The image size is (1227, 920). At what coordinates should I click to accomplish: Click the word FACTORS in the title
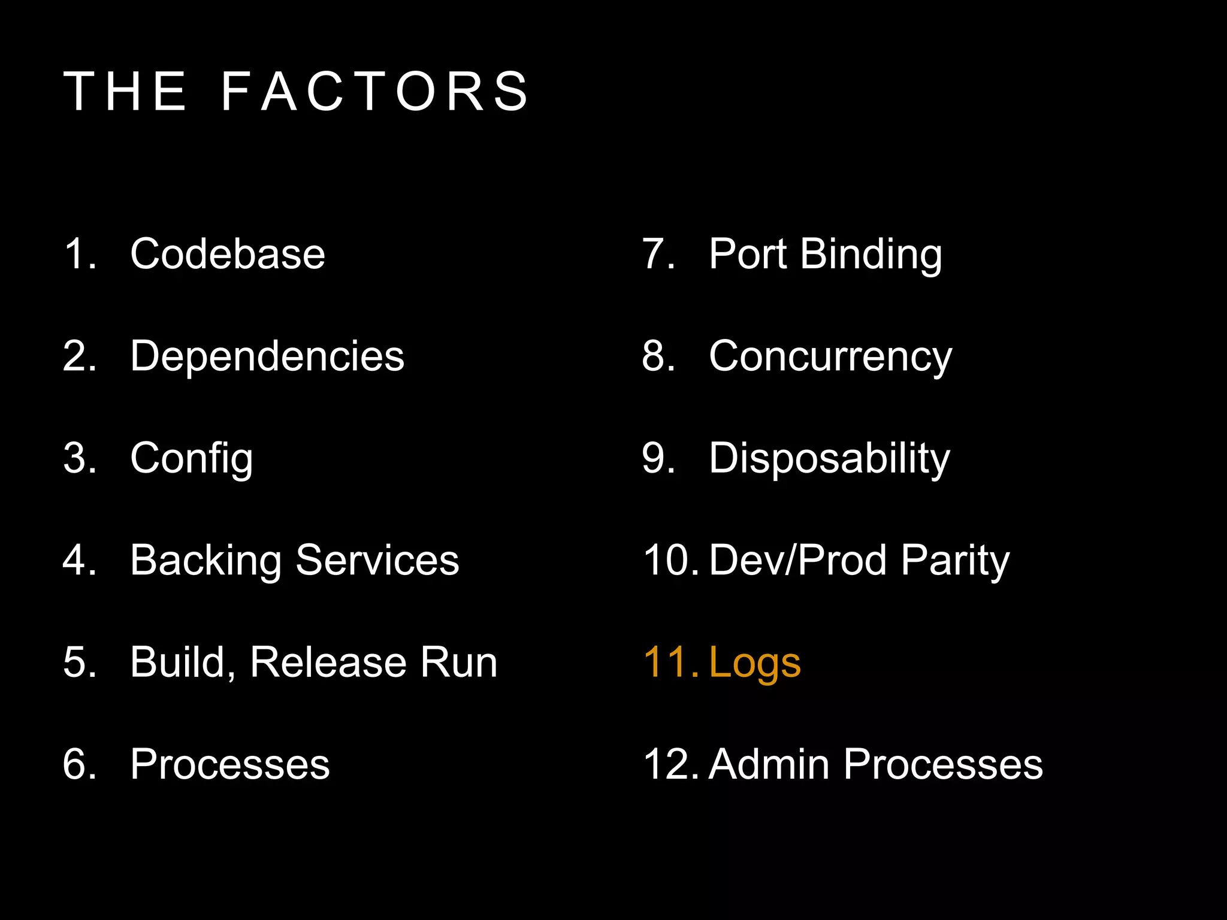pos(374,92)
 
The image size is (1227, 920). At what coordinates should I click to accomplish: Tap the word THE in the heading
pos(125,92)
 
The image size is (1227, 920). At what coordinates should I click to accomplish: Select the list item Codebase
pos(228,254)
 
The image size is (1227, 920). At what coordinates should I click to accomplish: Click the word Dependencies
pos(267,356)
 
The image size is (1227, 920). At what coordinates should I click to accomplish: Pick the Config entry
pos(192,459)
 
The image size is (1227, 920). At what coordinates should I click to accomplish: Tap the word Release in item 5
pos(328,663)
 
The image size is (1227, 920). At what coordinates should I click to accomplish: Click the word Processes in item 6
pos(230,765)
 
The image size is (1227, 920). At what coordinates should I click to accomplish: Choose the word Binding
pos(871,255)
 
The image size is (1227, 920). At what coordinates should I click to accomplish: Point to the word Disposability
pos(830,459)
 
